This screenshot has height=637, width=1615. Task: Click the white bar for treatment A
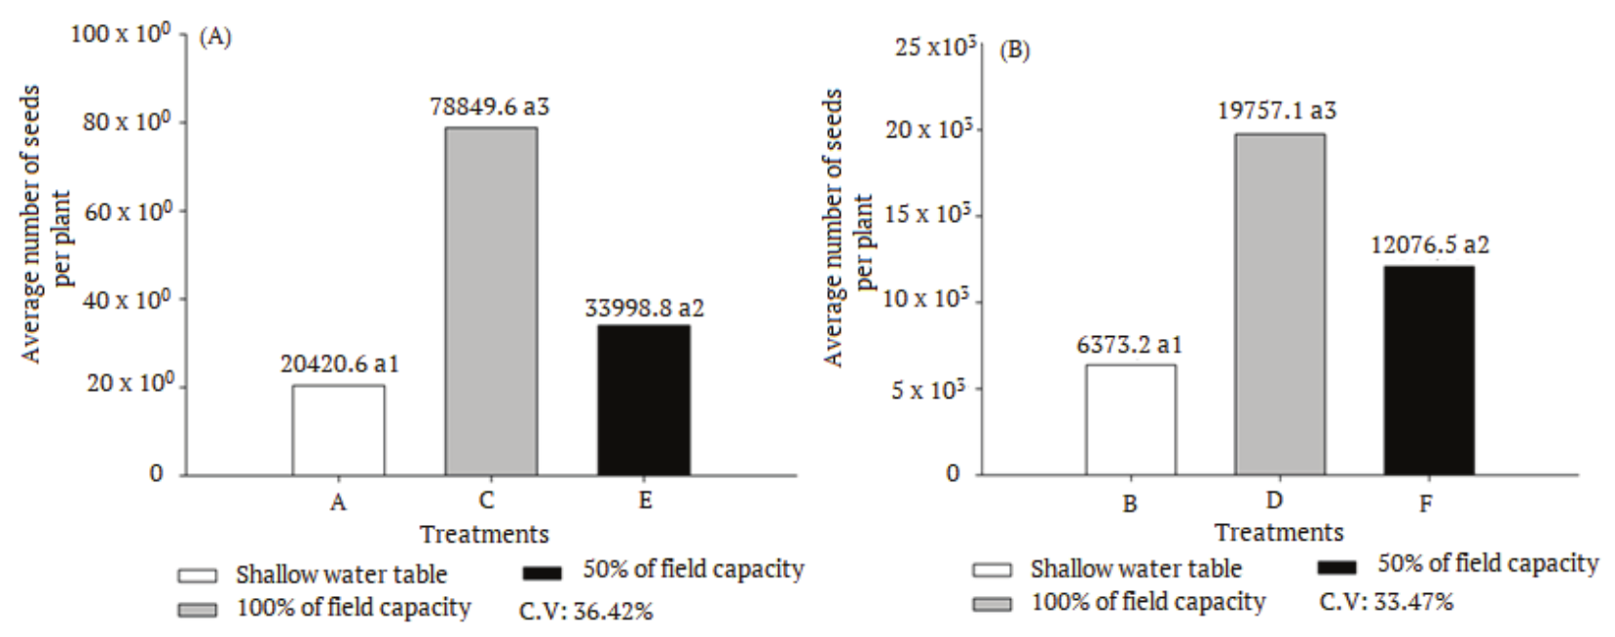[x=338, y=430]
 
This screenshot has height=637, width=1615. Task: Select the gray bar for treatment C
[x=491, y=301]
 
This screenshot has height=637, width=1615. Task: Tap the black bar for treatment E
[x=644, y=399]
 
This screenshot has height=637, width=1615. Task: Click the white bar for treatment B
[x=1130, y=419]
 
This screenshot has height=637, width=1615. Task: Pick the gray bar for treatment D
[x=1280, y=304]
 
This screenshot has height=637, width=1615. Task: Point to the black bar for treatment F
[x=1429, y=370]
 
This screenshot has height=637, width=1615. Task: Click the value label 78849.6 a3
[x=490, y=106]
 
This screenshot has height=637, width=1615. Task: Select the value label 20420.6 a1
[x=340, y=364]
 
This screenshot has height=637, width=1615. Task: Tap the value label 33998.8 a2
[x=644, y=308]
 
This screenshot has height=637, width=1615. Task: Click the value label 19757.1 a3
[x=1276, y=111]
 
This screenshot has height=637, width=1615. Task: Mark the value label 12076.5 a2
[x=1429, y=244]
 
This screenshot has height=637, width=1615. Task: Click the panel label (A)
[x=214, y=39]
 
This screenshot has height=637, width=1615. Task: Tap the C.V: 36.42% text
[x=585, y=612]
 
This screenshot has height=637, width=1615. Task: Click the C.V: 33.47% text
[x=1385, y=602]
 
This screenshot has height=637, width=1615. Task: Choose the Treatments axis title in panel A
[x=484, y=534]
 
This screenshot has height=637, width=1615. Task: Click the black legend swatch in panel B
[x=1336, y=567]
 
